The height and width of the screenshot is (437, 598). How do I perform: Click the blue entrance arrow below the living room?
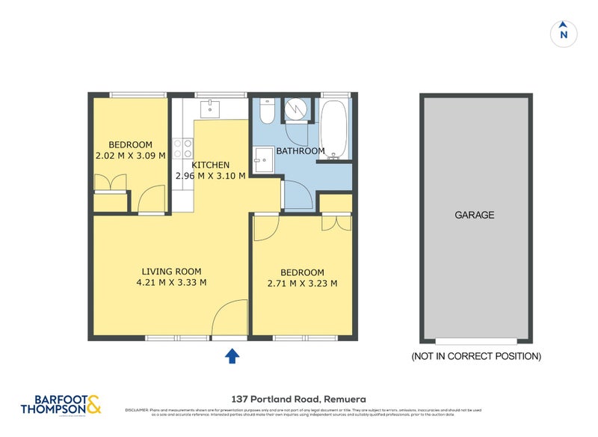(232, 355)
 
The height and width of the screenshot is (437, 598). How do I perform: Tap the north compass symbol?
(564, 33)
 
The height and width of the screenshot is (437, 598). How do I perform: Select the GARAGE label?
(475, 215)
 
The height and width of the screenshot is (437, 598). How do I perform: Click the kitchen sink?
(211, 109)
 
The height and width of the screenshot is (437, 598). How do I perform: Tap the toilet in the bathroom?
(267, 112)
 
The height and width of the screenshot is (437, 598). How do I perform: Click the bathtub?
(333, 129)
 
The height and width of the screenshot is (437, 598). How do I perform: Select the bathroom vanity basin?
(262, 159)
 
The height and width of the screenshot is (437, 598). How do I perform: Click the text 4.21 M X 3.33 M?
(172, 283)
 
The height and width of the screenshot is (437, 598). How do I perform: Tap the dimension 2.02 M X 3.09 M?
(130, 156)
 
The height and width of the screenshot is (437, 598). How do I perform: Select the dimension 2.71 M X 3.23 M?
(302, 284)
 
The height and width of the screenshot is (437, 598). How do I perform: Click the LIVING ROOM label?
(172, 272)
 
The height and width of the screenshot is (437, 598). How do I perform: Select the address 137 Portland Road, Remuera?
(298, 400)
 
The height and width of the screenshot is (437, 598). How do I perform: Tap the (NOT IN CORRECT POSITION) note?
(476, 356)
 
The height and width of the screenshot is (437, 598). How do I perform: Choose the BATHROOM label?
(300, 151)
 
